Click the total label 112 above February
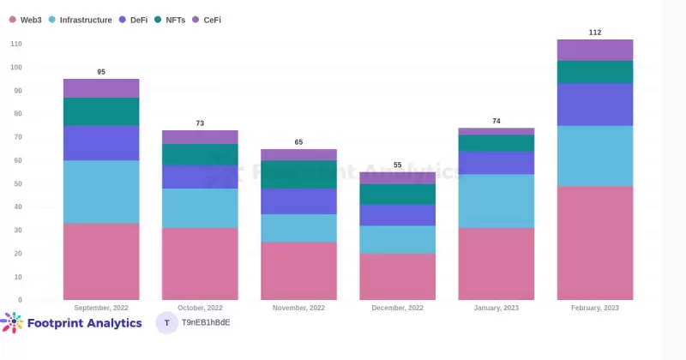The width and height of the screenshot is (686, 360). [x=595, y=33]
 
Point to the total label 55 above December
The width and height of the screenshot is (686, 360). [x=397, y=165]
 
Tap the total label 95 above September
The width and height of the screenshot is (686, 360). [x=101, y=72]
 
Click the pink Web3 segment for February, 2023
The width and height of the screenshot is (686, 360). [x=595, y=243]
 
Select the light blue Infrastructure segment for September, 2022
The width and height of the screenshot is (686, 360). [x=101, y=191]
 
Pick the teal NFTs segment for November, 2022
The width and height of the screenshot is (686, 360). [x=298, y=174]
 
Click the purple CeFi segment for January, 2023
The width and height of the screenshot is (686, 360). [x=496, y=131]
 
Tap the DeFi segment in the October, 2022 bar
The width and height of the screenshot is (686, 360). [x=200, y=177]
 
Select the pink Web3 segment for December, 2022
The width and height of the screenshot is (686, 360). [x=397, y=276]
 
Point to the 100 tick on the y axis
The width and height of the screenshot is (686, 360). [x=17, y=67]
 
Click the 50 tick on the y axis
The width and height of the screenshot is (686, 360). [x=17, y=183]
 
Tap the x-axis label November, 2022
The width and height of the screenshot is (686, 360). [x=298, y=308]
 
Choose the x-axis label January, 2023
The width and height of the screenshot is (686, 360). [x=496, y=308]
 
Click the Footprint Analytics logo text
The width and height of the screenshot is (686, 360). [x=84, y=323]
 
